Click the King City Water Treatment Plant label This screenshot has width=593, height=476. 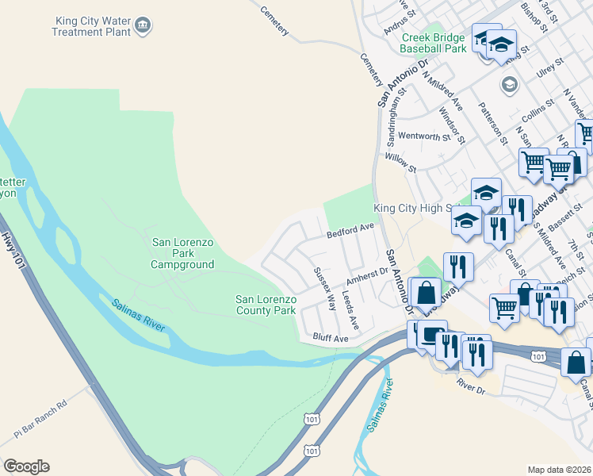[90, 26]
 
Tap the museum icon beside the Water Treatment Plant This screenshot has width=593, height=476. [143, 25]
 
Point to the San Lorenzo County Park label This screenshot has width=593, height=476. [266, 305]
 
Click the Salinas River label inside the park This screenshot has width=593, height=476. [140, 314]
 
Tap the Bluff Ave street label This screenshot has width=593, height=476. [330, 339]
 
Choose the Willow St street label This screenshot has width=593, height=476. [400, 163]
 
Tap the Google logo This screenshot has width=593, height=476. [26, 466]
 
